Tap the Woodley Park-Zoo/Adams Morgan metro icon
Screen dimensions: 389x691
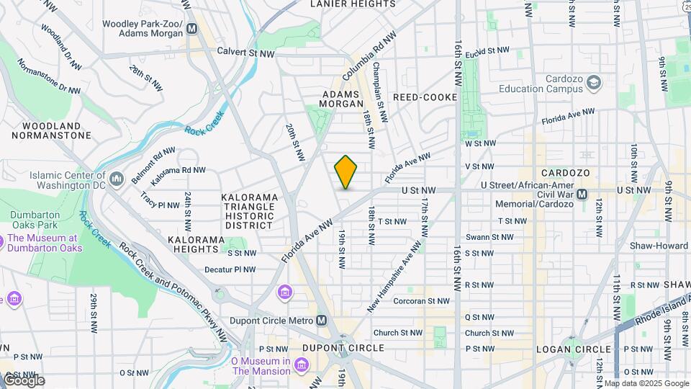(191, 29)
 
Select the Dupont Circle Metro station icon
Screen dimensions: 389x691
(322, 320)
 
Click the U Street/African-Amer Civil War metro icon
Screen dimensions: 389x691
(583, 194)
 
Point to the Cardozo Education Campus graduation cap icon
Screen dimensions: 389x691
(594, 82)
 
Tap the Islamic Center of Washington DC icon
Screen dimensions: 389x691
(117, 177)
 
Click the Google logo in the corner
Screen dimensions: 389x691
(23, 380)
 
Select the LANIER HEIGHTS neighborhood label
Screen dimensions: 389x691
(353, 4)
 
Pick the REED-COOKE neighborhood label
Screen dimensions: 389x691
(425, 97)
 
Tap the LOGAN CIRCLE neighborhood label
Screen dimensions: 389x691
(573, 349)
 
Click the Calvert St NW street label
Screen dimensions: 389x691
(245, 53)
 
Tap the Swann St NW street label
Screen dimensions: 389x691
(489, 236)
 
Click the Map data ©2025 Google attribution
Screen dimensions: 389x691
(646, 383)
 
